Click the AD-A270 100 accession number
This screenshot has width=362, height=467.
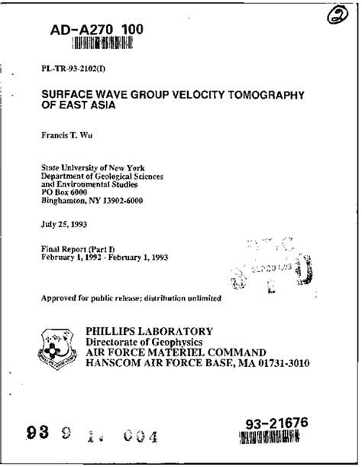tap(86, 30)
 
